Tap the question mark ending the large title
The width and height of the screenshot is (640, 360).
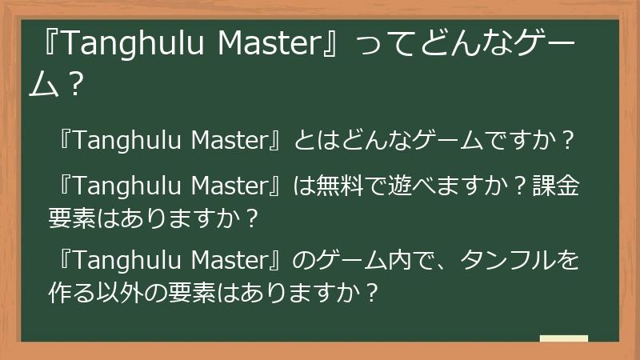pos(77,83)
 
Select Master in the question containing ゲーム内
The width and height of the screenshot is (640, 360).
pos(232,260)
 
